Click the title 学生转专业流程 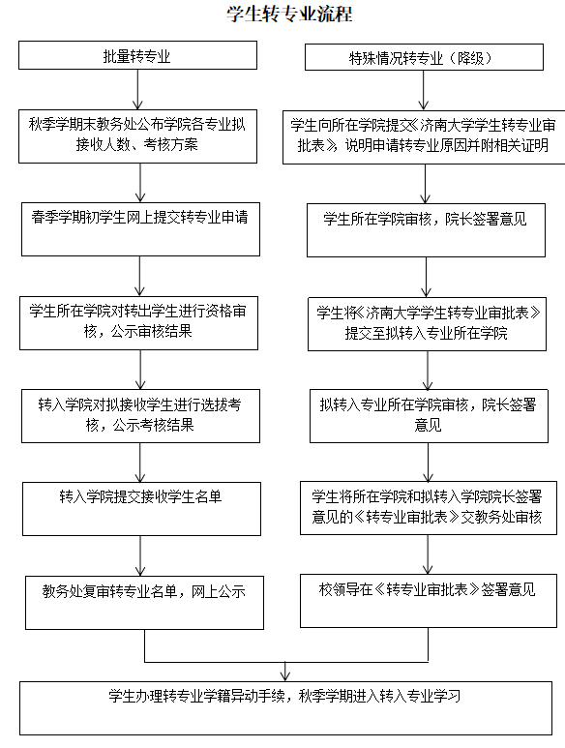pyautogui.click(x=289, y=14)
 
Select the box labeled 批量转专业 pyautogui.click(x=137, y=55)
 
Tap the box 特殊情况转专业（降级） pyautogui.click(x=424, y=57)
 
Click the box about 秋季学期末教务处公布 pyautogui.click(x=137, y=136)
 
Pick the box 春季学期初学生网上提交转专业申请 pyautogui.click(x=140, y=229)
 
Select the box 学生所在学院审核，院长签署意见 pyautogui.click(x=427, y=230)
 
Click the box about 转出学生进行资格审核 pyautogui.click(x=138, y=323)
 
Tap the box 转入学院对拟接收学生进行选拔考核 pyautogui.click(x=140, y=416)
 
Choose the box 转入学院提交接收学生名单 pyautogui.click(x=141, y=509)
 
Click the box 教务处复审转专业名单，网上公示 pyautogui.click(x=144, y=603)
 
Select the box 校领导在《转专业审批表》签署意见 pyautogui.click(x=429, y=601)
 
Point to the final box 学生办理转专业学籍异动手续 pyautogui.click(x=285, y=708)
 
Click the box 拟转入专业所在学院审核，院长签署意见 pyautogui.click(x=430, y=416)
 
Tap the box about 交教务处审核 pyautogui.click(x=429, y=508)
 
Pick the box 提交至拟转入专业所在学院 pyautogui.click(x=428, y=324)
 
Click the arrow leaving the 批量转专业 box pyautogui.click(x=137, y=90)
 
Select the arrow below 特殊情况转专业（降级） pyautogui.click(x=424, y=91)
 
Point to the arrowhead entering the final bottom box pyautogui.click(x=285, y=676)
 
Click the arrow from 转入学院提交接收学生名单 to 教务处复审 pyautogui.click(x=140, y=555)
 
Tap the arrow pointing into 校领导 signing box pyautogui.click(x=428, y=554)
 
